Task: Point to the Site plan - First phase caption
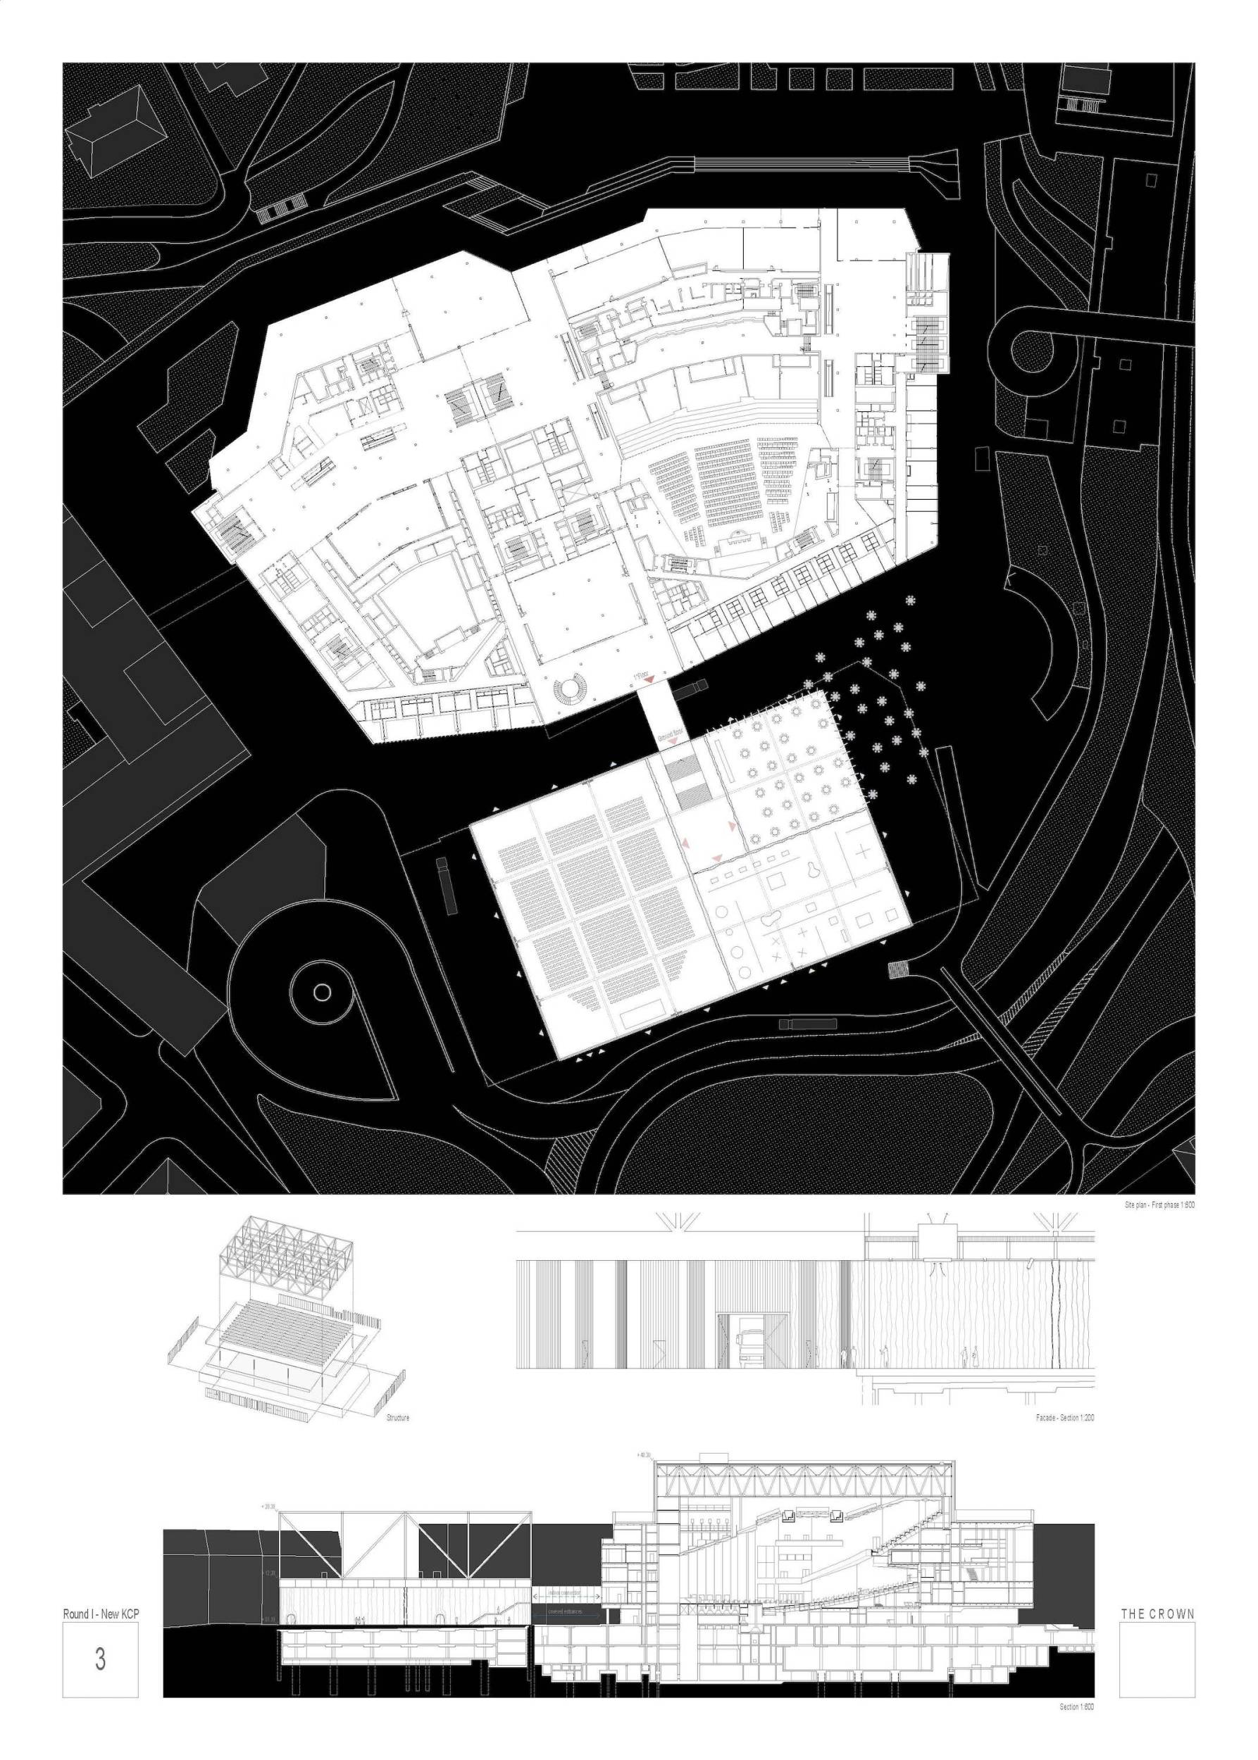point(1159,1205)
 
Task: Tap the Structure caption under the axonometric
point(397,1418)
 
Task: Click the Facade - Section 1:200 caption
point(1064,1418)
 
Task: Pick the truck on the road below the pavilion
point(808,1024)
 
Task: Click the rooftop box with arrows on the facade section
point(938,1242)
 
